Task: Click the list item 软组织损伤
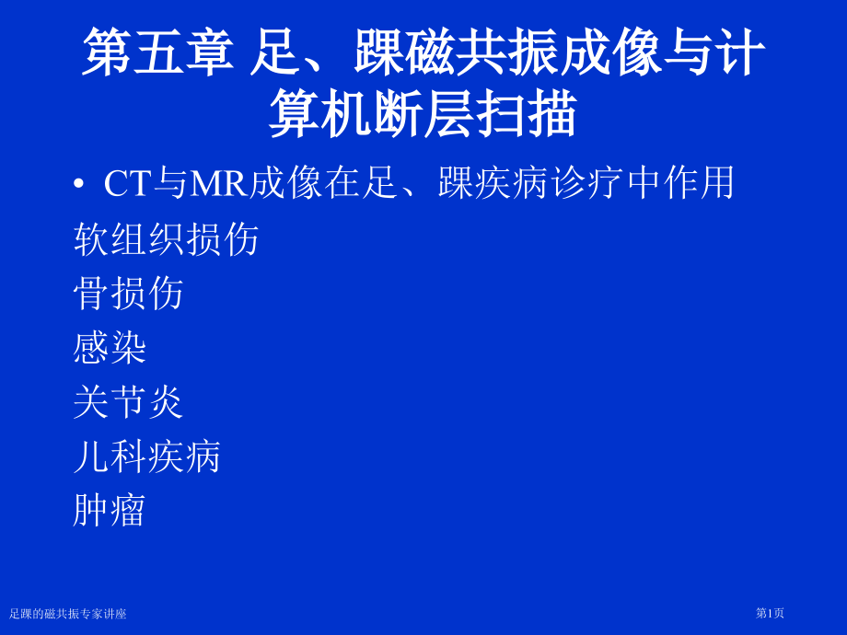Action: (166, 239)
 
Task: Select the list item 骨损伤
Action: (128, 294)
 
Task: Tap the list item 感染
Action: (110, 348)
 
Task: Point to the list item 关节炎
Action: (128, 402)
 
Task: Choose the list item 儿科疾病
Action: (146, 456)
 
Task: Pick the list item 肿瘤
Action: (110, 511)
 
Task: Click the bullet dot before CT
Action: (78, 185)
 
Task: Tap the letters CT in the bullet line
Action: (127, 183)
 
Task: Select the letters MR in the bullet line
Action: (218, 183)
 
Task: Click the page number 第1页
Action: (770, 613)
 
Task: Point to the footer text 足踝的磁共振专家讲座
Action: (68, 614)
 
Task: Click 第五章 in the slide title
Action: (157, 52)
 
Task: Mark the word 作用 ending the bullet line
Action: (701, 183)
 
